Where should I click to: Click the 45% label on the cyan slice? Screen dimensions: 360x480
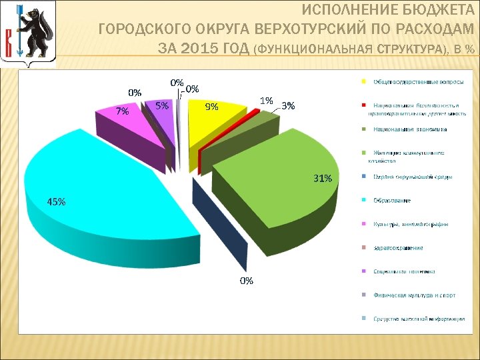(56, 202)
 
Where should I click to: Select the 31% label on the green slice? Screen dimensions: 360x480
(323, 178)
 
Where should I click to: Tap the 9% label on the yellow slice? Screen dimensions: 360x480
(211, 106)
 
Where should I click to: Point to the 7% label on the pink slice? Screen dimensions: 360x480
(122, 112)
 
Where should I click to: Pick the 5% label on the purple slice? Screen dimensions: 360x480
(161, 105)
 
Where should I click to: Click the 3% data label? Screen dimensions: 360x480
(288, 105)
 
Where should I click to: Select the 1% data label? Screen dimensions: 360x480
(266, 101)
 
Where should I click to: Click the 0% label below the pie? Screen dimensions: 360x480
(247, 281)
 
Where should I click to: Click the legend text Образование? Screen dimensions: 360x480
(392, 200)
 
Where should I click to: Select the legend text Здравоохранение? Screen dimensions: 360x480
(398, 248)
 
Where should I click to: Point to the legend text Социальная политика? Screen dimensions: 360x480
(404, 271)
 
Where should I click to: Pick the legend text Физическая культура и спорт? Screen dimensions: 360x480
(414, 295)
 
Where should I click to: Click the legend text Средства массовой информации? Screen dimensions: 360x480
(419, 319)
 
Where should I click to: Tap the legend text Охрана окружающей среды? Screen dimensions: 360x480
(413, 177)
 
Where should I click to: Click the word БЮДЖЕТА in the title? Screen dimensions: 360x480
(437, 11)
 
